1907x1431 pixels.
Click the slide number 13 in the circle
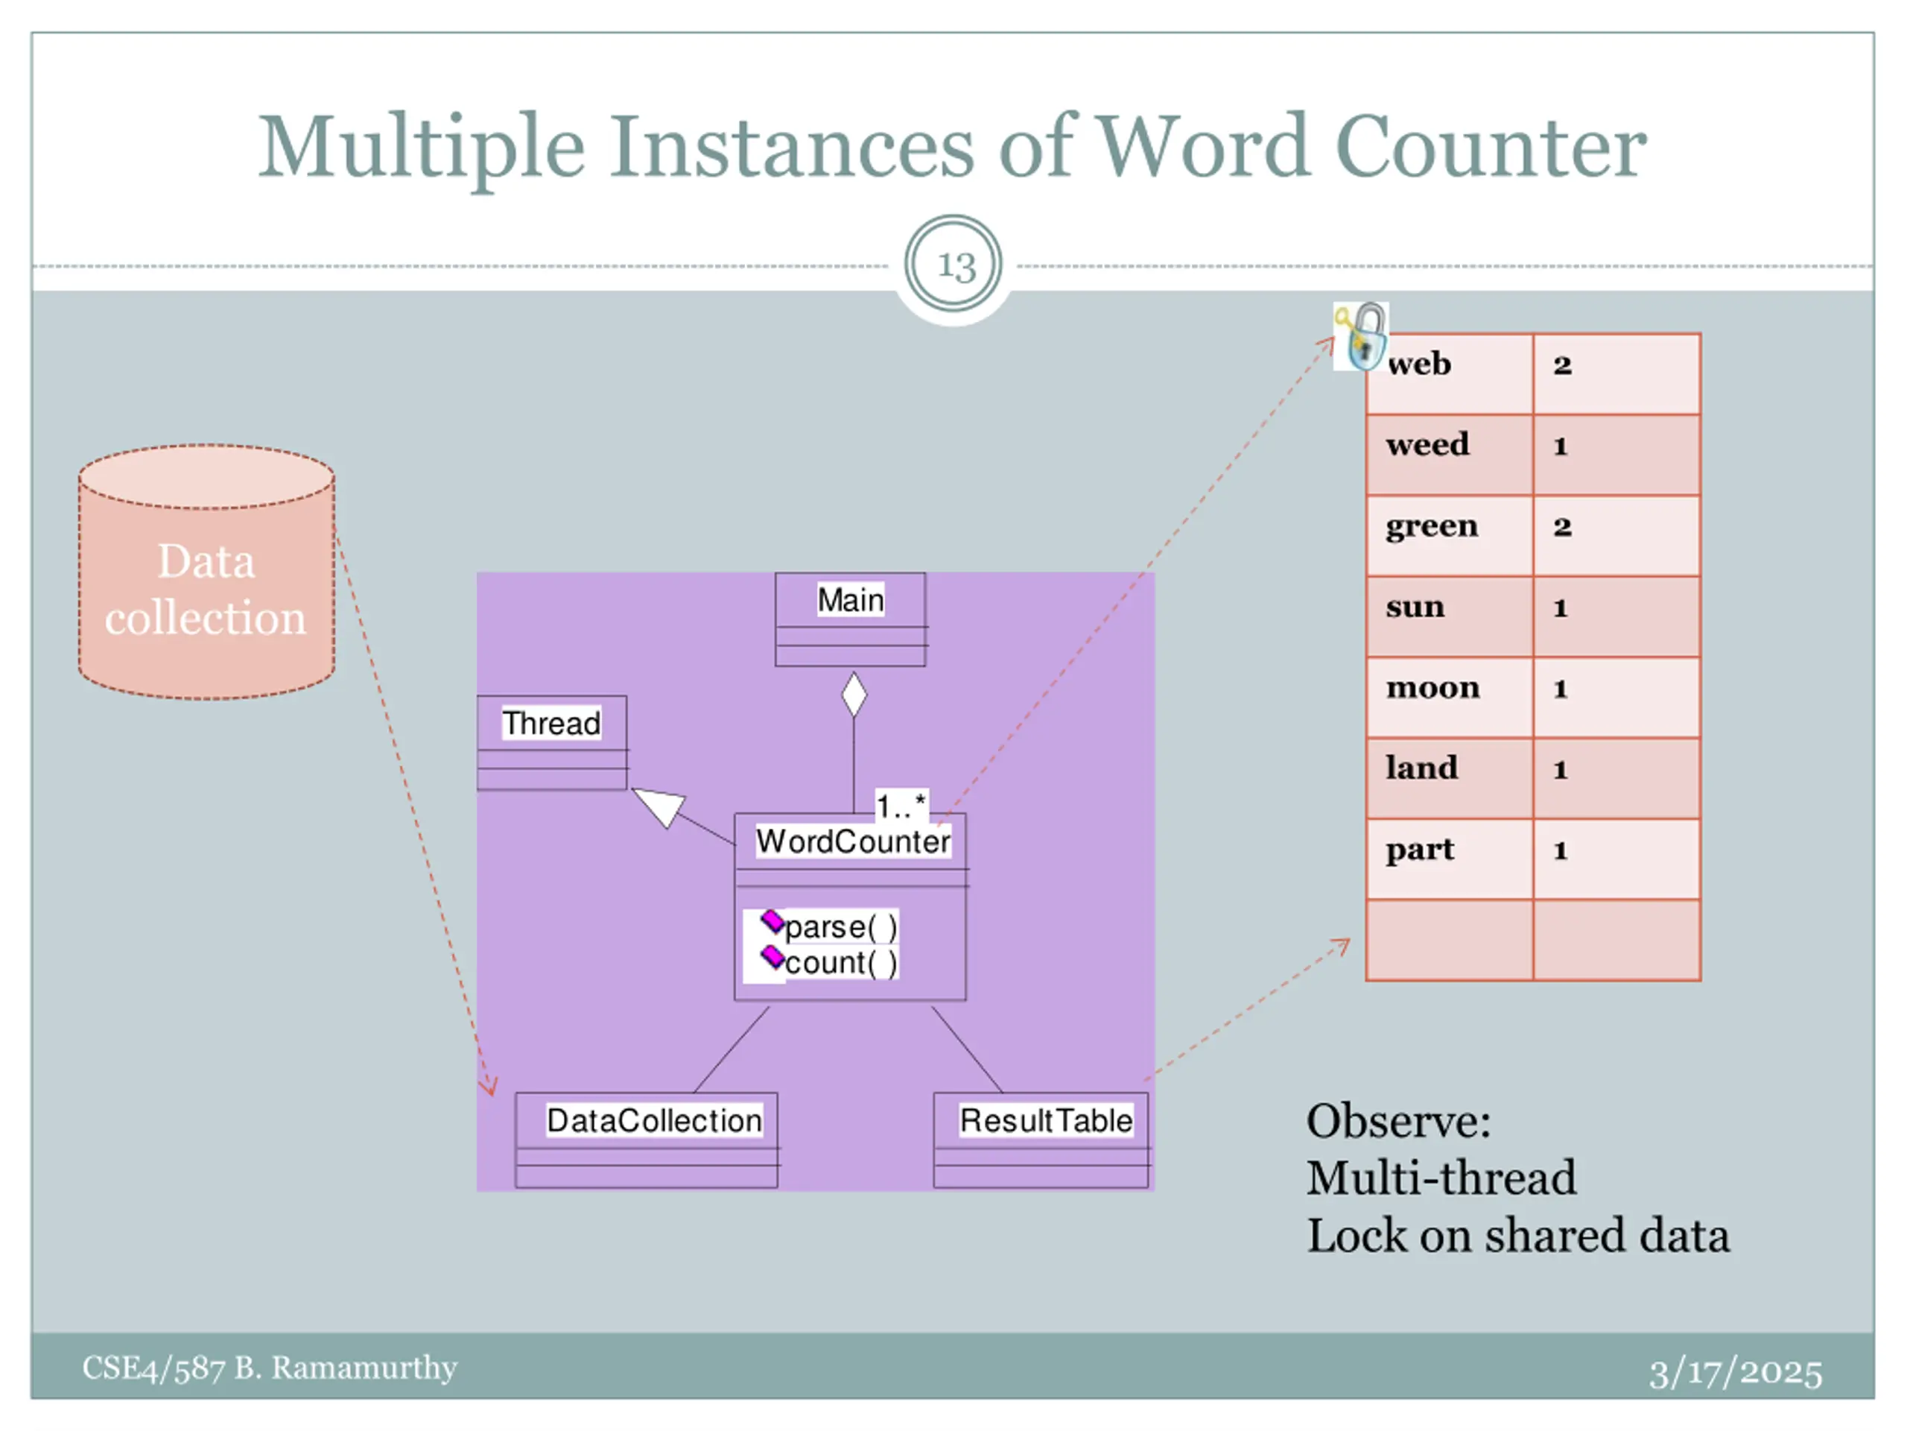tap(955, 265)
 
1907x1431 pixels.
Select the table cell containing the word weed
tap(1448, 455)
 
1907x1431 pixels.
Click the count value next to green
tap(1562, 527)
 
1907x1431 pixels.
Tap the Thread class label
tap(552, 723)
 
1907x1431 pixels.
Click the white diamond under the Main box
tap(854, 695)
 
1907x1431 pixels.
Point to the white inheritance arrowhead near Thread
tap(661, 806)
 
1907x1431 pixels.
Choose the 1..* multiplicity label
tap(901, 806)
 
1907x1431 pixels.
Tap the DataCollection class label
tap(654, 1120)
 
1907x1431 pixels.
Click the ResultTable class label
tap(1046, 1120)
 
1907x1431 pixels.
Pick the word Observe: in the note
tap(1398, 1122)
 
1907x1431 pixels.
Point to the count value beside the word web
tap(1562, 365)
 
